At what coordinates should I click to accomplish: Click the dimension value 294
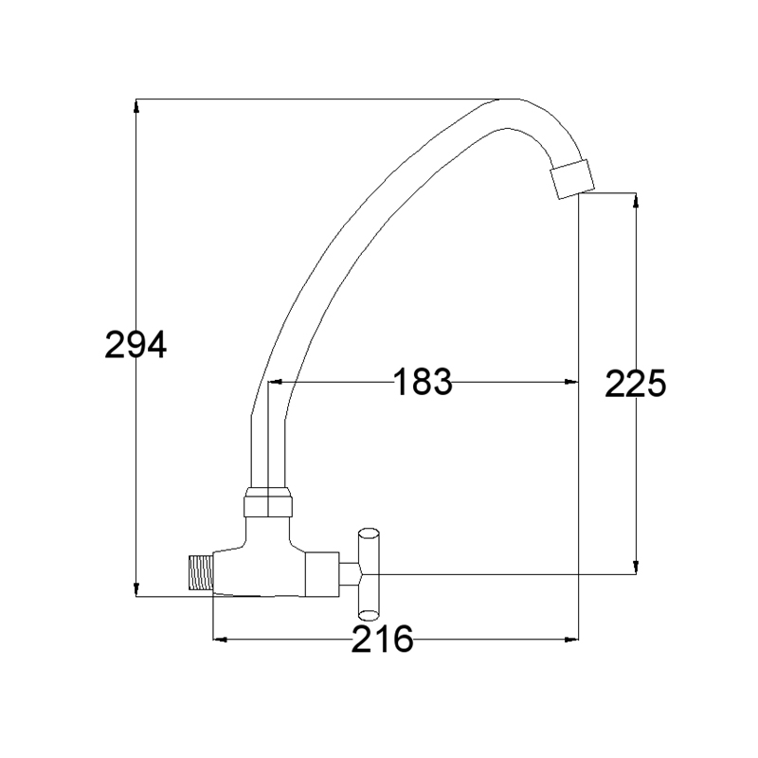coord(135,345)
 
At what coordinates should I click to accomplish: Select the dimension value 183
coord(423,382)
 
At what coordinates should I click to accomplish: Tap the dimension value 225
coord(635,384)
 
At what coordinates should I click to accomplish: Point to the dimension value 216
coord(383,639)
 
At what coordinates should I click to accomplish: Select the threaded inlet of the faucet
coord(201,572)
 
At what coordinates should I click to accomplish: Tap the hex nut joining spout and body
coord(268,503)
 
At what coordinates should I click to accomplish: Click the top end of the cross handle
coord(369,532)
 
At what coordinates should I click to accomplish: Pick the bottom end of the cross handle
coord(369,615)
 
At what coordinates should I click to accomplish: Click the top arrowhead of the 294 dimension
coord(136,107)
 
